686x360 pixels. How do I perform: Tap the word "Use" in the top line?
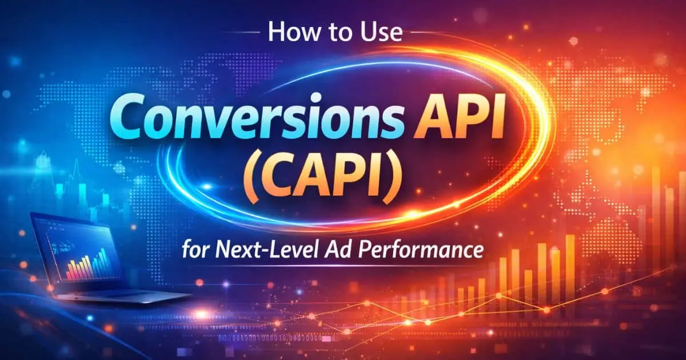pos(381,34)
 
